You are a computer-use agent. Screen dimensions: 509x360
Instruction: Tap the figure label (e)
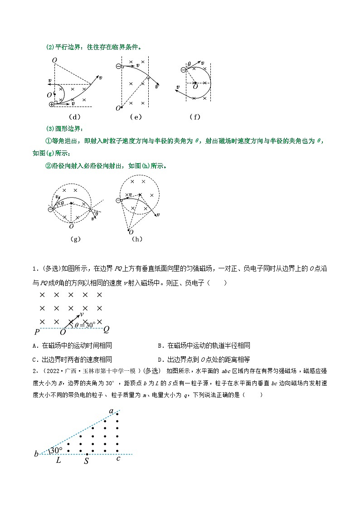(136, 116)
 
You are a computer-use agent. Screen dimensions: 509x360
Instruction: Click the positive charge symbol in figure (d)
(52, 104)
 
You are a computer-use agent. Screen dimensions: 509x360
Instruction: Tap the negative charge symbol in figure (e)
(118, 66)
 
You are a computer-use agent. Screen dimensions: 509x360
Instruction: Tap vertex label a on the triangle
(111, 411)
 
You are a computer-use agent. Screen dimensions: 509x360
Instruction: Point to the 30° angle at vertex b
(56, 450)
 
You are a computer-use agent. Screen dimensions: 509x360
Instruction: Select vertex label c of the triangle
(118, 460)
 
